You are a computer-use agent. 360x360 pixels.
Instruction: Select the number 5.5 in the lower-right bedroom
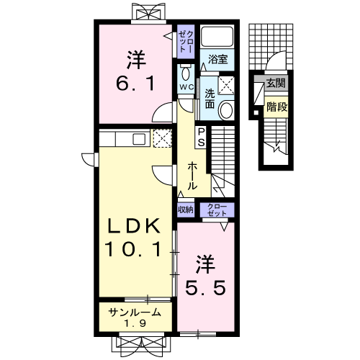point(205,288)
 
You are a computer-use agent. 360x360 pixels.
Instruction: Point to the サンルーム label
point(135,312)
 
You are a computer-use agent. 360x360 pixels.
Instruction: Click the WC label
point(187,87)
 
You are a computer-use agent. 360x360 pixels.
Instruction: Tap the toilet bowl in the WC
point(185,73)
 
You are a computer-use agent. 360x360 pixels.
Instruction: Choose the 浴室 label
point(217,59)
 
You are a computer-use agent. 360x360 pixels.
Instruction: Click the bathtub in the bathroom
point(217,37)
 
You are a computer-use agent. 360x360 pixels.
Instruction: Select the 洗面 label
point(210,99)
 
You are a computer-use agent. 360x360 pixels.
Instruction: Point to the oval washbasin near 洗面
point(227,110)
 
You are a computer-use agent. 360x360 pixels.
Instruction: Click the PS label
point(201,137)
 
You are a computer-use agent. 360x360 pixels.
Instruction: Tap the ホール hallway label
point(192,176)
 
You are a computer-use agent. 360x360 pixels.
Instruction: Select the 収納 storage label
point(186,210)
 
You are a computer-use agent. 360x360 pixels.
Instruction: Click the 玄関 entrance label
point(276,84)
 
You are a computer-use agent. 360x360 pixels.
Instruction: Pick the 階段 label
point(277,107)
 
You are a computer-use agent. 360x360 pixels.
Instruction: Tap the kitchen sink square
point(139,139)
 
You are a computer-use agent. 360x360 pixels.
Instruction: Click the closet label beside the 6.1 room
point(186,42)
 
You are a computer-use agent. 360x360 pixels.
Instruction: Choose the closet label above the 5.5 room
point(217,210)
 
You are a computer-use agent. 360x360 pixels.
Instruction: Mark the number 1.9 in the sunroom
point(135,324)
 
